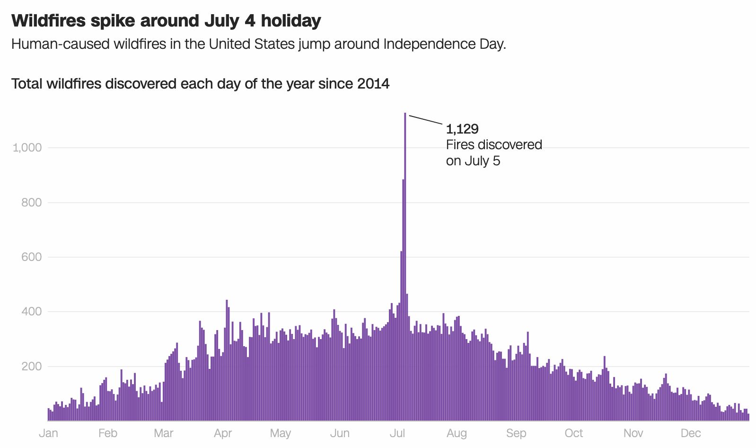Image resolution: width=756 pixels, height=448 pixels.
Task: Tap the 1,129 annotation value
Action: (462, 129)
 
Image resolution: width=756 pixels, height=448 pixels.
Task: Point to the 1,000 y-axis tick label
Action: (27, 148)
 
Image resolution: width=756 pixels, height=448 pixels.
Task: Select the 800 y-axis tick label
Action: (32, 203)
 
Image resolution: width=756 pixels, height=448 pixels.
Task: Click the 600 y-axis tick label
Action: (32, 257)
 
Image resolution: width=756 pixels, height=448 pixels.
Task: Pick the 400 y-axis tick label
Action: (32, 312)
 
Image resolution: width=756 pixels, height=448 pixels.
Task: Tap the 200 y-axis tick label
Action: (32, 367)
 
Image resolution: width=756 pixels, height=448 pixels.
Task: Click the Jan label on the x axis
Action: (48, 433)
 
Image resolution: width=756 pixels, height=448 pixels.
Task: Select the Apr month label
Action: (223, 433)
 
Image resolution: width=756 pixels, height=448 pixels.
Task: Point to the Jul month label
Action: (397, 433)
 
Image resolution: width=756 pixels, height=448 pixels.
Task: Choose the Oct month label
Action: (573, 433)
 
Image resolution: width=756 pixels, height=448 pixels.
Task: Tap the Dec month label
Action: (690, 433)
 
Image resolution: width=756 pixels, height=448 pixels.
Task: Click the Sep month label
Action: (516, 433)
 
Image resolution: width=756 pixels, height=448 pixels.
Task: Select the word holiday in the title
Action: (290, 21)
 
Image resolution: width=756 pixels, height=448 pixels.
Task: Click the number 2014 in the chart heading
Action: (373, 84)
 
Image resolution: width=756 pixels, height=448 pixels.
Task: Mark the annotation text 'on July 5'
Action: (473, 161)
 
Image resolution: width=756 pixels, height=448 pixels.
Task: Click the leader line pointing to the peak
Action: (426, 119)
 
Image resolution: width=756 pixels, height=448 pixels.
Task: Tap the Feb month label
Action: (107, 433)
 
